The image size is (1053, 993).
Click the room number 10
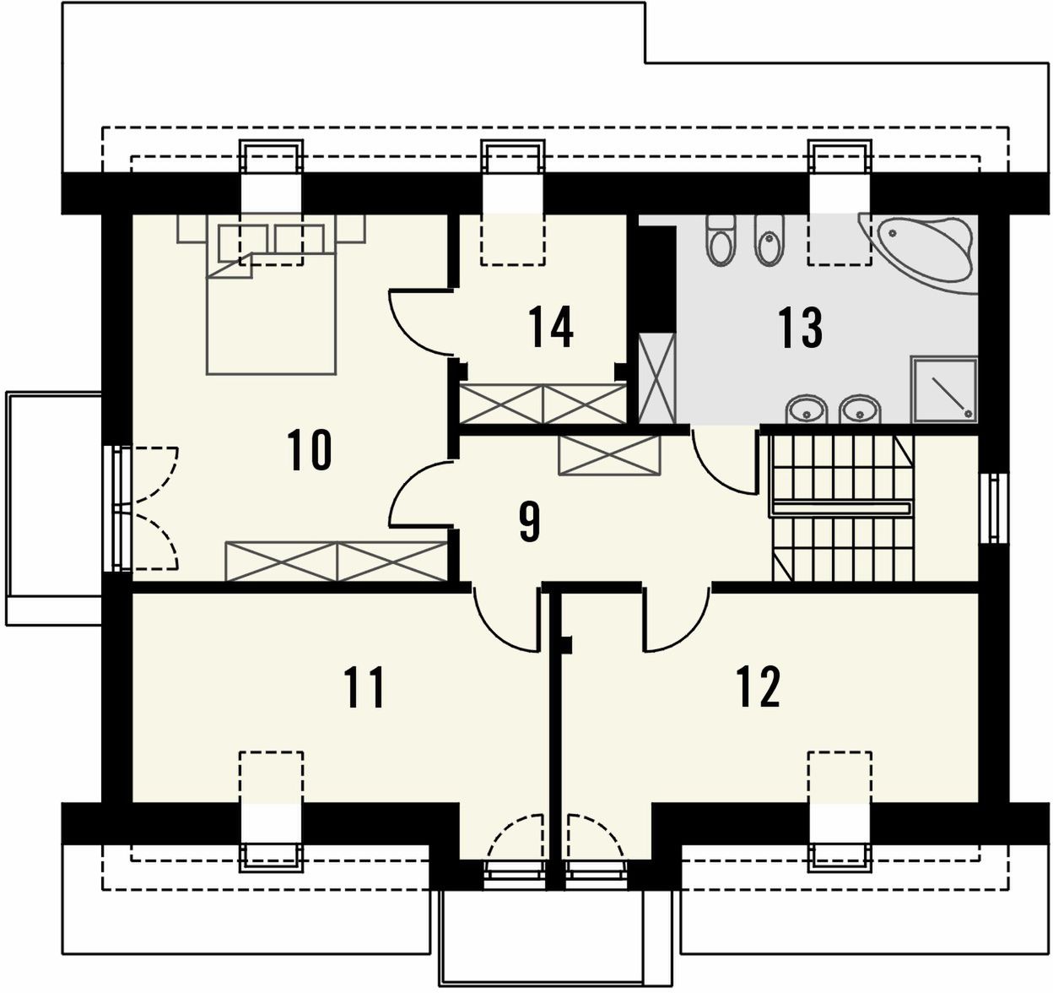(310, 450)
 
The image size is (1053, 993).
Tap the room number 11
(364, 688)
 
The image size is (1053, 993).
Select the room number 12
(759, 687)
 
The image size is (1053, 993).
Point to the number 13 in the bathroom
(800, 328)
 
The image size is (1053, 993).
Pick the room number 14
(551, 327)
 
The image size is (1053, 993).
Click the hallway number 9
(530, 522)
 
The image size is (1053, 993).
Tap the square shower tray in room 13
(944, 389)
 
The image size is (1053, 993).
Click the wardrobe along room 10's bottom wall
(336, 561)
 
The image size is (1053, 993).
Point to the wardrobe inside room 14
(543, 404)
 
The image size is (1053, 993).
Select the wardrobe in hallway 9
(610, 455)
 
